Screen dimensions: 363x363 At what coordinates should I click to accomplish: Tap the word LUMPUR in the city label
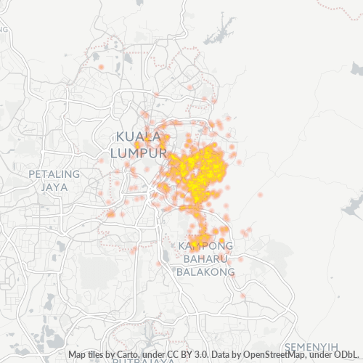138,153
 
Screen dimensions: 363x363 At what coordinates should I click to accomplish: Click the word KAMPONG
205,247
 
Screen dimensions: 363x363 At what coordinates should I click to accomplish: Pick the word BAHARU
206,259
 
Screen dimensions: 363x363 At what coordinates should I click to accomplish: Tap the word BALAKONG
206,272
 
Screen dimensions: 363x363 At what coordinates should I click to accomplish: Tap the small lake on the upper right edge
356,69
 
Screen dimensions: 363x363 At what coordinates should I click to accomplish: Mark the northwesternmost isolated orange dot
101,67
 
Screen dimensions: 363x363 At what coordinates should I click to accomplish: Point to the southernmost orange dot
243,295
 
